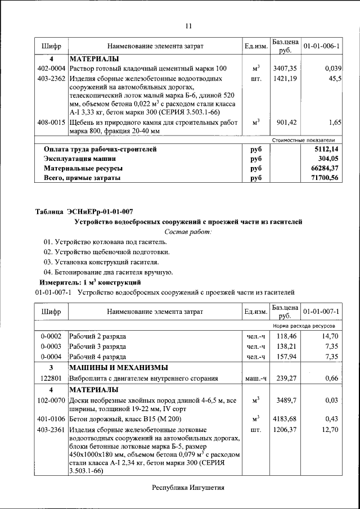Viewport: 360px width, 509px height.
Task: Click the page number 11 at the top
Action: (188, 25)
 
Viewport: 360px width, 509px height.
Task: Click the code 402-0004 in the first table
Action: (51, 68)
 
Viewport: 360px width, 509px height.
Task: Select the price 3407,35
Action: (285, 68)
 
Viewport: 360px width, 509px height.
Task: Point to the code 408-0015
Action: (51, 122)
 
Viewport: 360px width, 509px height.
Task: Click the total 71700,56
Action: (327, 178)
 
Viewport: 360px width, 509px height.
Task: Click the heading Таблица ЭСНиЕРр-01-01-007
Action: (84, 212)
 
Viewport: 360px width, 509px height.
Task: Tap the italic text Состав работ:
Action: (188, 232)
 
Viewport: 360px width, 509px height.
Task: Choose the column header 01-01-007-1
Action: (321, 311)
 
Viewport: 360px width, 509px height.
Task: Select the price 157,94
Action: (286, 356)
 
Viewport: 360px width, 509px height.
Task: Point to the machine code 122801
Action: (51, 379)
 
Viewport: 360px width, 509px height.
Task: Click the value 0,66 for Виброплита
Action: (333, 379)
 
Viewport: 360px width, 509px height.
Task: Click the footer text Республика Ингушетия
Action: (188, 488)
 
